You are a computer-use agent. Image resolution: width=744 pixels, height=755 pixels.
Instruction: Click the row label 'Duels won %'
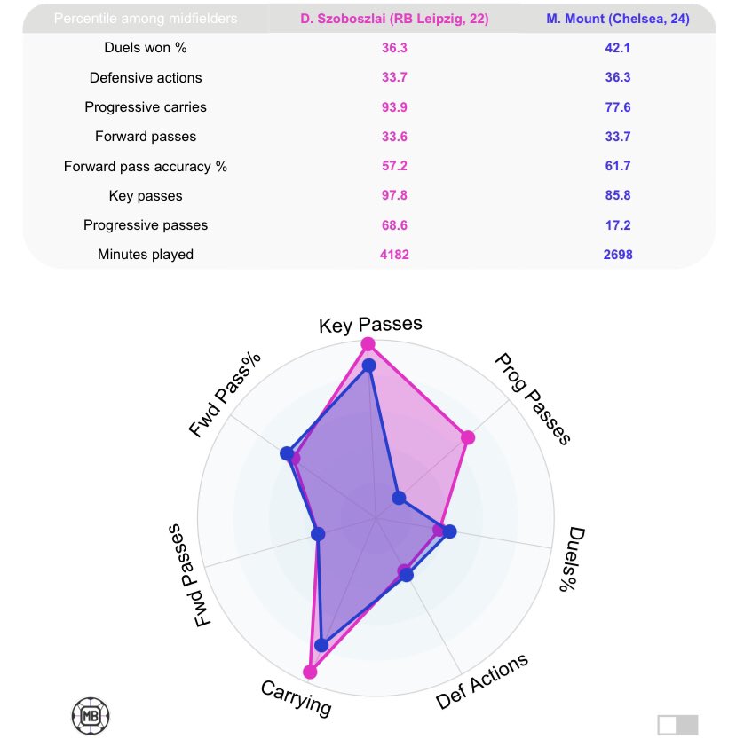click(146, 49)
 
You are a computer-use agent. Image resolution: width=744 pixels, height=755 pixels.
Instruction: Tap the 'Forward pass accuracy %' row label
click(146, 167)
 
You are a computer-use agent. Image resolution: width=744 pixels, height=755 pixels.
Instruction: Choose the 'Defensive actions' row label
click(146, 78)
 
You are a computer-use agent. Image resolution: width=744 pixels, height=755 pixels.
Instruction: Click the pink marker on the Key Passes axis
click(368, 344)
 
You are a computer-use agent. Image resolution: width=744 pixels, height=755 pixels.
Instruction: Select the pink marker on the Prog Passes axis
click(468, 437)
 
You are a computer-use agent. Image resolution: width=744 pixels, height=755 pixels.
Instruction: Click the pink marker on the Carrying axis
click(310, 672)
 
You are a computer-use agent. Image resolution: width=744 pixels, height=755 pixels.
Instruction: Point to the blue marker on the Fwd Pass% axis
click(287, 453)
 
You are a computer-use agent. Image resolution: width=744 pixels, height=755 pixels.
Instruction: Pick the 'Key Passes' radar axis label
click(370, 324)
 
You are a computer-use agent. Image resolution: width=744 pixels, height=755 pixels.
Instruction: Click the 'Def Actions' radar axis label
click(482, 681)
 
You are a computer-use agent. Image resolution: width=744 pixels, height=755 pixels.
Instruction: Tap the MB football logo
click(90, 716)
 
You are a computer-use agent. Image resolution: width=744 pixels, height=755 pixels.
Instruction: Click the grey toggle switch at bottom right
click(677, 725)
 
